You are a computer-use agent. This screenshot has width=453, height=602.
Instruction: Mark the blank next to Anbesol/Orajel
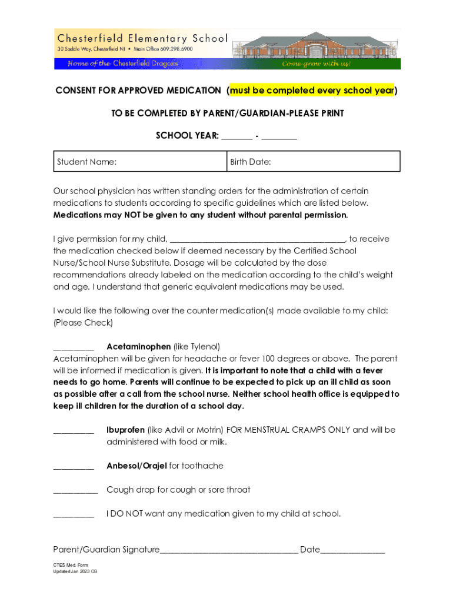(74, 467)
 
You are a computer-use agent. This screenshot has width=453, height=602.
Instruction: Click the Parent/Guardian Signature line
(229, 551)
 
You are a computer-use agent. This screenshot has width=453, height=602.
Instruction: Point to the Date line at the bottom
(352, 551)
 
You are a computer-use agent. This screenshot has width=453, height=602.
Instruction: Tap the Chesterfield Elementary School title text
(142, 39)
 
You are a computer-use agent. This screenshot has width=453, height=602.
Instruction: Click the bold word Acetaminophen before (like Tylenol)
(139, 346)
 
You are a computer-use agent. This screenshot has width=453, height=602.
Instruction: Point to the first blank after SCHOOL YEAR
(237, 136)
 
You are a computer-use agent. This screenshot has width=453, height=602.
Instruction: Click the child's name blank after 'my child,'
(258, 239)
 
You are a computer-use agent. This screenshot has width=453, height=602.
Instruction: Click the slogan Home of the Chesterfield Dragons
(122, 63)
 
